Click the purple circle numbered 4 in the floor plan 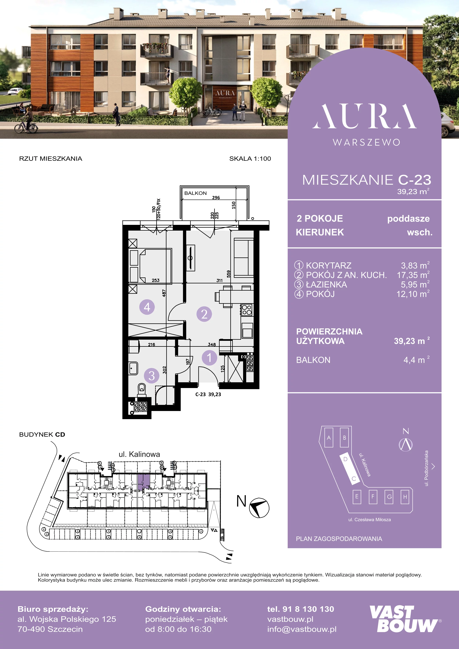point(147,307)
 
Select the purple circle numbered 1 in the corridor point(209,358)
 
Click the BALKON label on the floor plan point(195,193)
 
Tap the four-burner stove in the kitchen point(247,310)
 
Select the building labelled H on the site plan point(405,497)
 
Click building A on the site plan point(329,437)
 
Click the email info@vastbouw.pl point(302,629)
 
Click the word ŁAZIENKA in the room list point(326,284)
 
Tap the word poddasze point(408,219)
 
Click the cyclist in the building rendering point(26,120)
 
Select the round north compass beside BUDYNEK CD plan point(259,508)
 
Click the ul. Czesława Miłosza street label point(369,520)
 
